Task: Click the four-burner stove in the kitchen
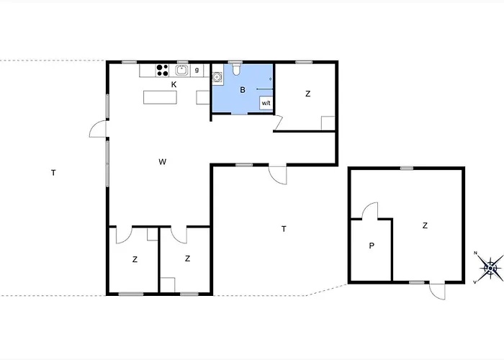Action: [x=163, y=70]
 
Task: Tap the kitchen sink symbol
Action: [x=182, y=70]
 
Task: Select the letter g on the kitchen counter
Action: [x=197, y=70]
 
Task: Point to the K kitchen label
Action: [x=174, y=84]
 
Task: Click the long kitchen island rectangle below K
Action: [x=160, y=97]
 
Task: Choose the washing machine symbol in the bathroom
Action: [x=217, y=77]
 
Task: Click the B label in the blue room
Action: [x=243, y=90]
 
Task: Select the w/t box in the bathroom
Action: [x=266, y=103]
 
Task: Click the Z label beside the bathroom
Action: [x=307, y=94]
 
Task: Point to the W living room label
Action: [x=163, y=161]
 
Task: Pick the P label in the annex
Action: [x=372, y=246]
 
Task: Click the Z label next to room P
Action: [x=425, y=225]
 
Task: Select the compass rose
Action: [x=490, y=268]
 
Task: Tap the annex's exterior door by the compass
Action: [x=437, y=291]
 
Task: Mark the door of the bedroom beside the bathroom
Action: [x=280, y=125]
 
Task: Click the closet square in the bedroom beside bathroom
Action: [x=328, y=122]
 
